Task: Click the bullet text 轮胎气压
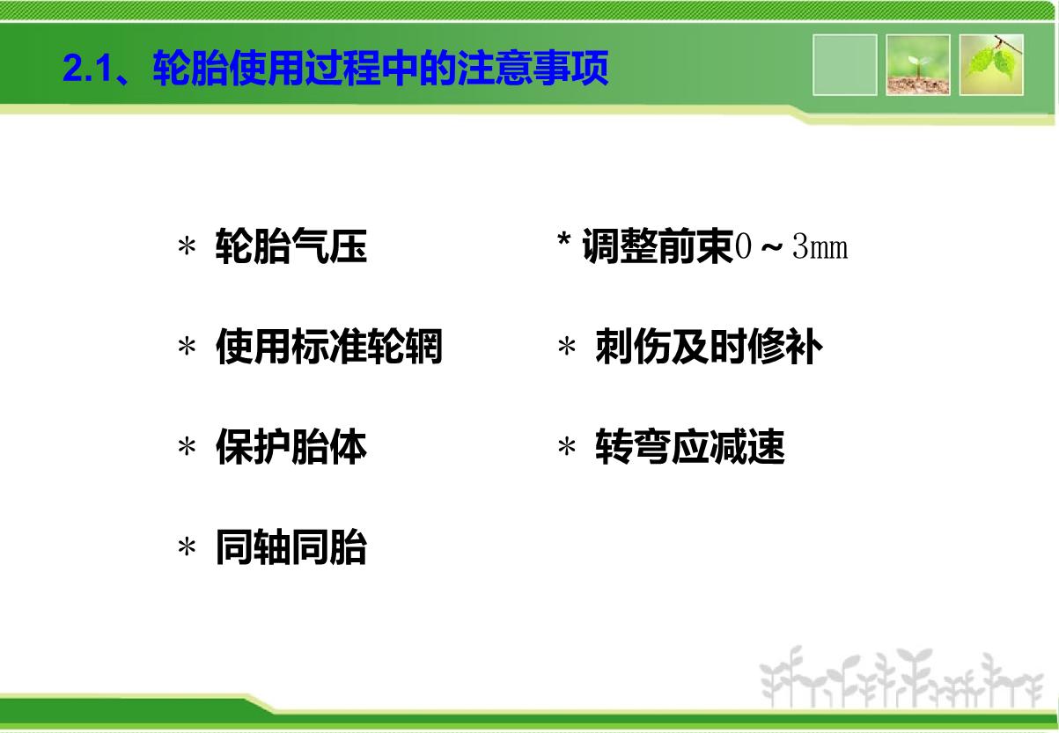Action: click(291, 246)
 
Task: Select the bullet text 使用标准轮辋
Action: click(329, 347)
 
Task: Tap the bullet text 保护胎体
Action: click(291, 447)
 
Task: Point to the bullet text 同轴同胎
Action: click(291, 547)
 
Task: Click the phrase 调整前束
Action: click(658, 246)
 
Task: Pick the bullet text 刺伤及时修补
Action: click(710, 347)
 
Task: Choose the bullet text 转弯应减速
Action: click(690, 447)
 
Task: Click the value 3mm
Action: click(820, 246)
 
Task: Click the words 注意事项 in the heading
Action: click(533, 68)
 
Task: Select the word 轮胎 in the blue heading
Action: click(190, 68)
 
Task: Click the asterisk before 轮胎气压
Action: click(187, 246)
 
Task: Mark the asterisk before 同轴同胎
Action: click(187, 547)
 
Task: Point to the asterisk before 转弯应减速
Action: click(567, 447)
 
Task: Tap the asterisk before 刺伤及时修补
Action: click(567, 347)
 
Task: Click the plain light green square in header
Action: click(845, 65)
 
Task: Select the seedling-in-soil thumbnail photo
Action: click(918, 65)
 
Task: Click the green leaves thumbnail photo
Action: click(991, 65)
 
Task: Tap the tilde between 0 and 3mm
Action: click(771, 247)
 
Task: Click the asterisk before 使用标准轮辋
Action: click(187, 347)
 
